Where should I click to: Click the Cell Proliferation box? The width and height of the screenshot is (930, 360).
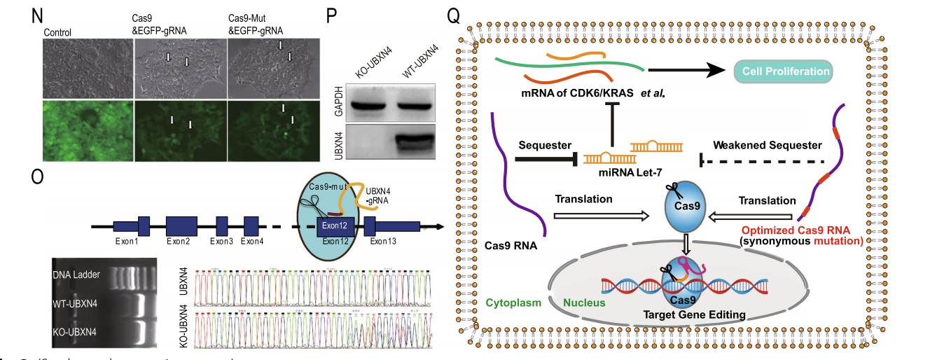click(782, 71)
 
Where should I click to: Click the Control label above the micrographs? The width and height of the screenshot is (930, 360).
click(58, 32)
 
